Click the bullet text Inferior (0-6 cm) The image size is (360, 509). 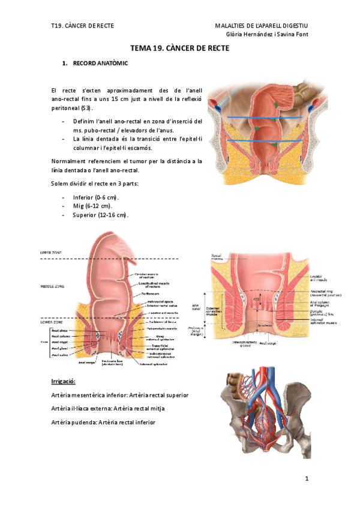[96, 197]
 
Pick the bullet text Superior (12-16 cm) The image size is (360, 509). [100, 215]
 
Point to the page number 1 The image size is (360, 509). [306, 478]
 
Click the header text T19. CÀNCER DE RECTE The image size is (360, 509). [83, 25]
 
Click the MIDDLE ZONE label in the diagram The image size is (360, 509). [53, 287]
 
